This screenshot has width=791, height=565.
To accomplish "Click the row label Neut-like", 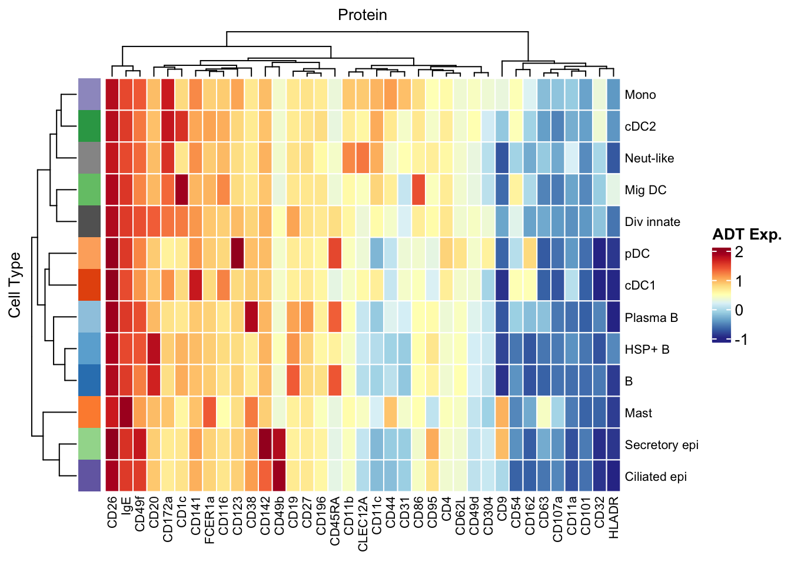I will (649, 158).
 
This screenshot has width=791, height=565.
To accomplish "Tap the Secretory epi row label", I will (662, 445).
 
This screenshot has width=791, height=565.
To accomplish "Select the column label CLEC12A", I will (363, 524).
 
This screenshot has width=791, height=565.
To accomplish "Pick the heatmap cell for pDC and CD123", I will (237, 254).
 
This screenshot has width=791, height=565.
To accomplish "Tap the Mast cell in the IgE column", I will (126, 413).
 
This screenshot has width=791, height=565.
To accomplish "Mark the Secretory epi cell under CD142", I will (265, 445).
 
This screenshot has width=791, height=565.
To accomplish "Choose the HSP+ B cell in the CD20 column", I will (154, 350).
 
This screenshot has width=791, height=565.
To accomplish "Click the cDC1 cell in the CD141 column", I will (196, 285).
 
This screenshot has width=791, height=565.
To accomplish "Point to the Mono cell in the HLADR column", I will (614, 95).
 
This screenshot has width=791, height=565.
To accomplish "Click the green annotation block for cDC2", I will (86, 127).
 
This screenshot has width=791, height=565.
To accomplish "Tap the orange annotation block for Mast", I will (86, 413).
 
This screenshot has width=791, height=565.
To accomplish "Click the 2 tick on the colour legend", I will (739, 252).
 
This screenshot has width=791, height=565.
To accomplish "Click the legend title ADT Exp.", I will (747, 235).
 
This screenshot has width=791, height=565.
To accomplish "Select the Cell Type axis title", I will (15, 285).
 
